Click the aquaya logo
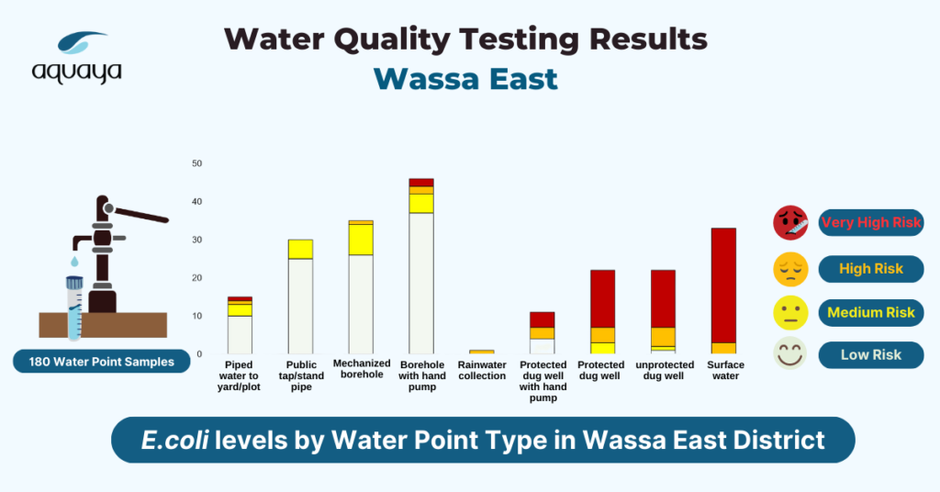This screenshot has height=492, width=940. [x=77, y=58]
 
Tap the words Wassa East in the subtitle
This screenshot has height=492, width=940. [x=465, y=79]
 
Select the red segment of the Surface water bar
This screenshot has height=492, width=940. [x=723, y=285]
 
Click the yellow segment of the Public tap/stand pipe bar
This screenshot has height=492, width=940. [x=300, y=250]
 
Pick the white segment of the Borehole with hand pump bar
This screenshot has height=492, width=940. [x=421, y=284]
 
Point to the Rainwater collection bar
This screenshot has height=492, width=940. [x=482, y=352]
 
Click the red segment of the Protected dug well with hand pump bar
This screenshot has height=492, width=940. [x=543, y=320]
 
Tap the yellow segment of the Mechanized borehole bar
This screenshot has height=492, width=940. [x=361, y=240]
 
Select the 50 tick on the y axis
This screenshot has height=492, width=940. [x=197, y=163]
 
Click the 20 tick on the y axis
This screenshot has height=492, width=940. [x=197, y=278]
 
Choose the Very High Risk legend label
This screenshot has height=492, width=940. [x=871, y=222]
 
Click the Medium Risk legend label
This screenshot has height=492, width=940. [x=871, y=312]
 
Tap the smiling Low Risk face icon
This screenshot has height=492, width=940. [x=790, y=354]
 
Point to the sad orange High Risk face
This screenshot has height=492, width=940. [x=790, y=269]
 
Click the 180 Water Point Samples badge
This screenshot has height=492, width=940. [x=101, y=362]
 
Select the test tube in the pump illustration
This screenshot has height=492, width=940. [x=74, y=307]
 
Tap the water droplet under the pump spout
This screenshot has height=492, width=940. [x=74, y=262]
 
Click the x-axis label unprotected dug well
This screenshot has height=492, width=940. [x=665, y=370]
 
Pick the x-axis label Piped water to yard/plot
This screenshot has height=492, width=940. [x=239, y=375]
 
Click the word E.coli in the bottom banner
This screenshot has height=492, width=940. [x=174, y=441]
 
